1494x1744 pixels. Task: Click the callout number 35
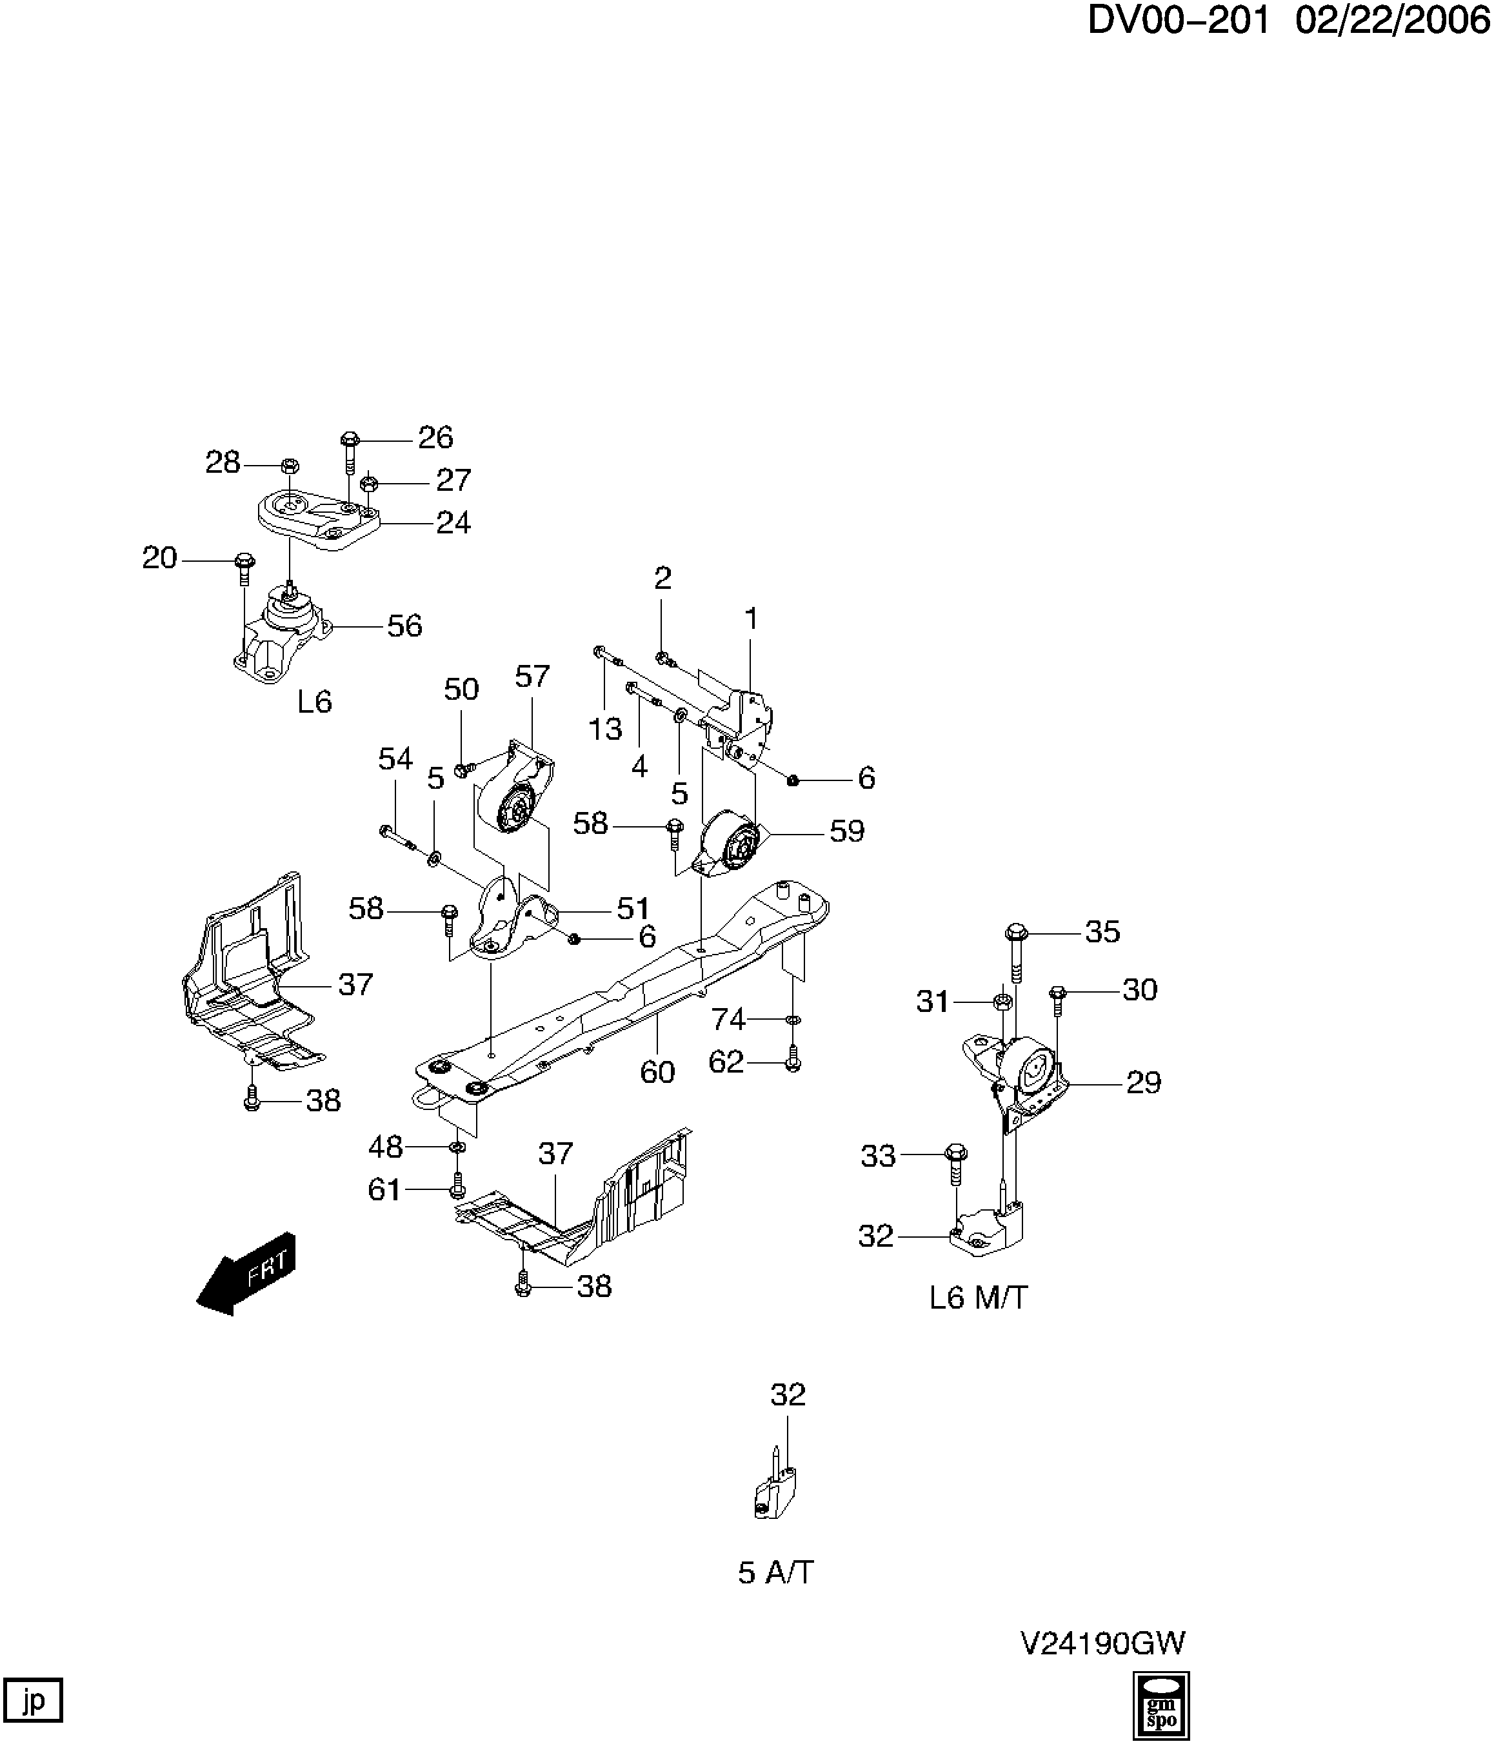[1102, 932]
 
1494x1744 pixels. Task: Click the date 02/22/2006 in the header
[1392, 20]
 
